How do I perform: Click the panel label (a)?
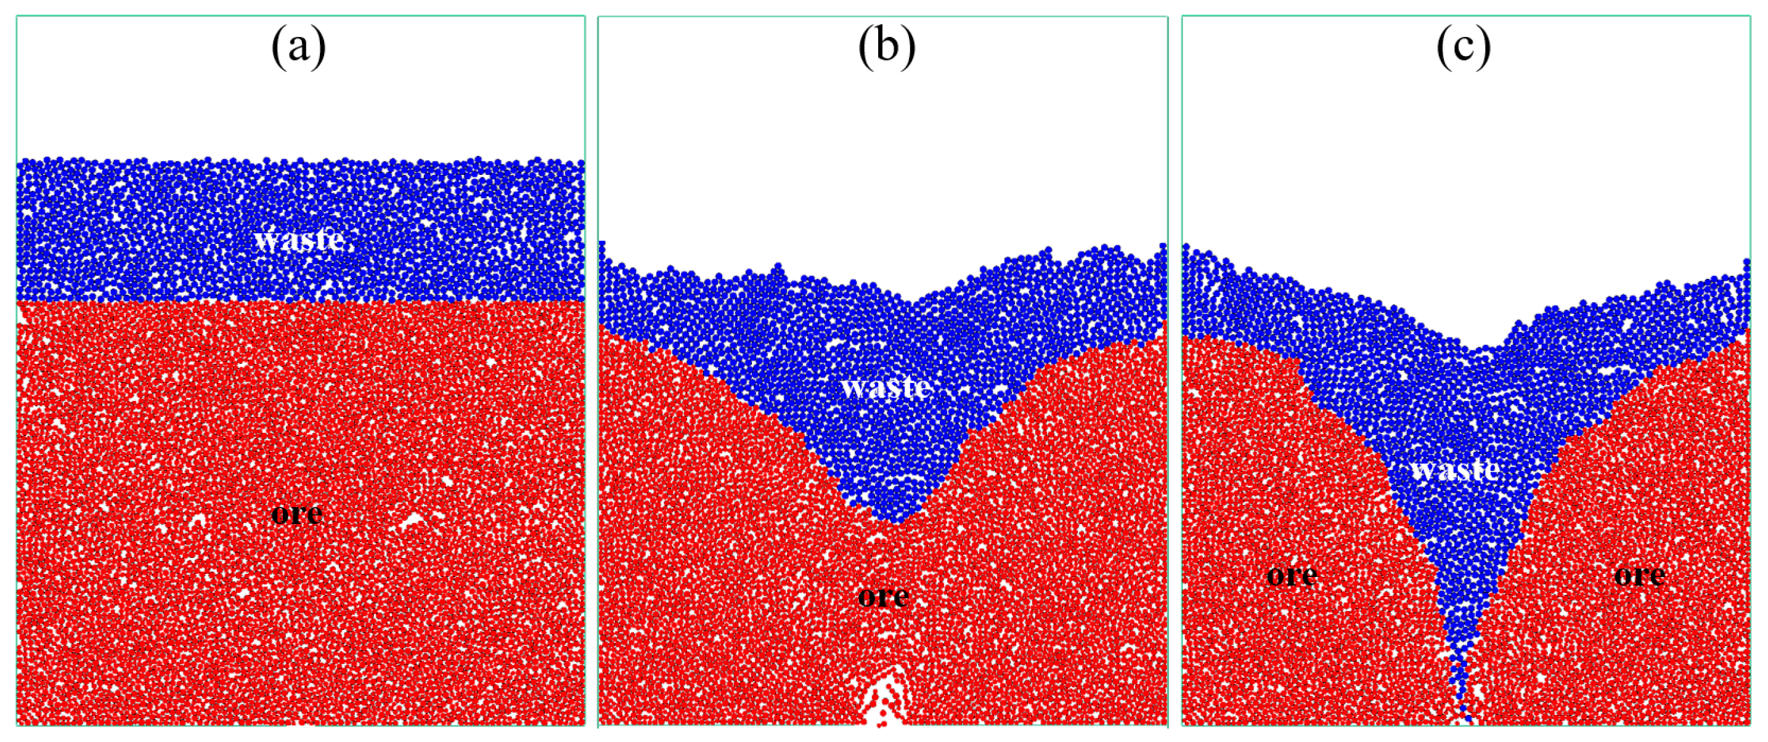[x=298, y=48]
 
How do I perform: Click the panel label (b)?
[x=886, y=48]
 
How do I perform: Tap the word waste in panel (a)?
[x=299, y=239]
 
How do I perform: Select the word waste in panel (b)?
[x=886, y=387]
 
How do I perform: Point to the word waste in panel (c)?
[x=1455, y=470]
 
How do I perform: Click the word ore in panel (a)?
[x=296, y=514]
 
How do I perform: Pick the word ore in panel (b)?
[x=883, y=596]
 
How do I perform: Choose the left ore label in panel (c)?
[x=1291, y=575]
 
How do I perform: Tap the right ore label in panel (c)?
[x=1639, y=575]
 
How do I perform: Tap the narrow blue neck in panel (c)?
[x=1459, y=651]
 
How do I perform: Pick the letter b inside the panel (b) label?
[x=887, y=47]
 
